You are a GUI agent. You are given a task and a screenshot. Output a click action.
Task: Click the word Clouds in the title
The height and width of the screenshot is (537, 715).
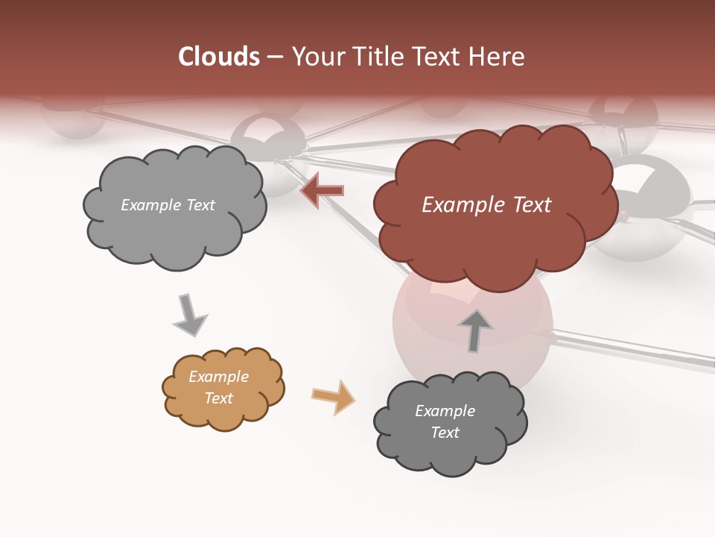pos(219,57)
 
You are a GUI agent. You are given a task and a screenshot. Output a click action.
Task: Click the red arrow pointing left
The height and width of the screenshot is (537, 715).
pos(322,190)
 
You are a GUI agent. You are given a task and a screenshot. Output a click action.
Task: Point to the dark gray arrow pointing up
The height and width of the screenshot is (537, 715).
pos(475,330)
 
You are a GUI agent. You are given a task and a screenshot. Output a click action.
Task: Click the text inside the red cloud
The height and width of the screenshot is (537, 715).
pos(486,205)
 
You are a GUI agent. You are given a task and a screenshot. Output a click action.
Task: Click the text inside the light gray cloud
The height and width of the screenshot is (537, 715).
pos(168,205)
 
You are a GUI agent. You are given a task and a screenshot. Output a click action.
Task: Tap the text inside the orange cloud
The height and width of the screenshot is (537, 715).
pos(219,387)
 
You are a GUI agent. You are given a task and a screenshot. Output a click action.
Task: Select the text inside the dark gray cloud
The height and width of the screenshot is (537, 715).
pos(445,421)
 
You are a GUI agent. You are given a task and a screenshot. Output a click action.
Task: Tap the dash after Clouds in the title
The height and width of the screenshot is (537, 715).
pos(274,57)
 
